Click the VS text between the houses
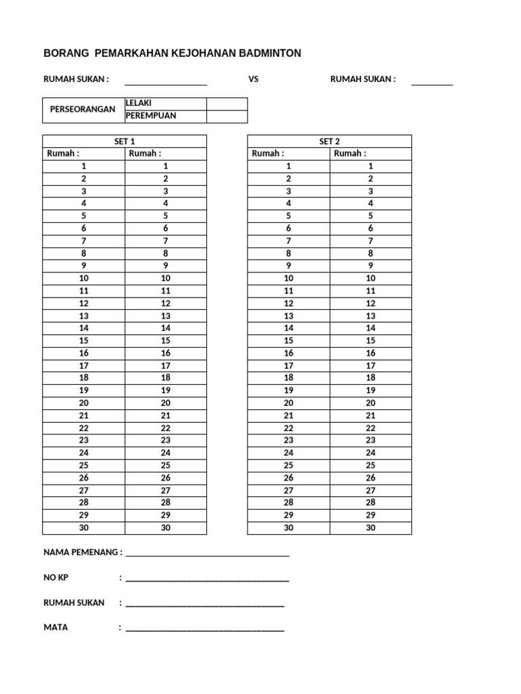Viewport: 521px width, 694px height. pos(254,79)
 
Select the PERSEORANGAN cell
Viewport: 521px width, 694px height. pos(83,110)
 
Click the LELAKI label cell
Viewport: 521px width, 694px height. pos(166,104)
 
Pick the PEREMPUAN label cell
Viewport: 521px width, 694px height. pos(166,116)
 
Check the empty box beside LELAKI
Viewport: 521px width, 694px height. pos(227,104)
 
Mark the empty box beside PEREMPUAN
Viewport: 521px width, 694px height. pos(227,116)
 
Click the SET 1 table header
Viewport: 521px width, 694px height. pos(124,141)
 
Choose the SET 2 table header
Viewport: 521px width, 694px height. pos(329,141)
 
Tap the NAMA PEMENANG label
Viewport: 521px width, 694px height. pos(83,552)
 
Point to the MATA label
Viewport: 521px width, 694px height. pos(56,627)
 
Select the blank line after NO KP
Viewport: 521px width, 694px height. pos(208,580)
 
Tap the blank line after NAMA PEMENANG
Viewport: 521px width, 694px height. pos(208,555)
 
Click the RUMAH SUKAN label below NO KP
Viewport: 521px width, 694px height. pos(74,603)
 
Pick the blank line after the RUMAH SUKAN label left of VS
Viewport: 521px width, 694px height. pos(166,83)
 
